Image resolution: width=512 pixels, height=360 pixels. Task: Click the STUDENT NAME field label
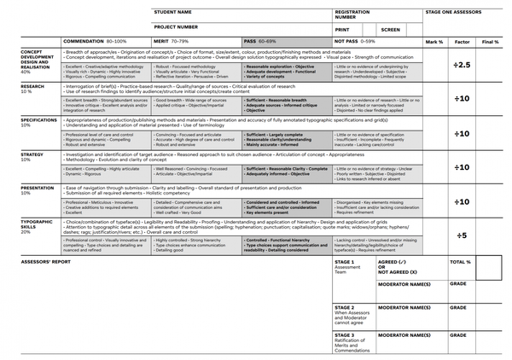172,12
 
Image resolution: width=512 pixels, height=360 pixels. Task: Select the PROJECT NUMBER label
176,26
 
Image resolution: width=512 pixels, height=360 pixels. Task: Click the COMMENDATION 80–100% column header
96,41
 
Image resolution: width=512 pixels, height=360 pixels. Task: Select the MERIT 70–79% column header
171,41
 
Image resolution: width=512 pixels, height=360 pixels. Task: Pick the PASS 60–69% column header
260,41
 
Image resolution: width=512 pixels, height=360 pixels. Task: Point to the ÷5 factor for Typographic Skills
462,235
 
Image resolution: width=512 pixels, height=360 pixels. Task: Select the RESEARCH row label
32,86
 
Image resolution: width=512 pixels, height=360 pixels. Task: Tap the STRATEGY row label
32,154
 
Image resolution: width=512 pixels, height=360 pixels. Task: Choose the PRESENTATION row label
37,187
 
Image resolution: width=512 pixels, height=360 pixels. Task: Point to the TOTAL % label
460,263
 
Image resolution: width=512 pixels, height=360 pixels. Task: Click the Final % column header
490,41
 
